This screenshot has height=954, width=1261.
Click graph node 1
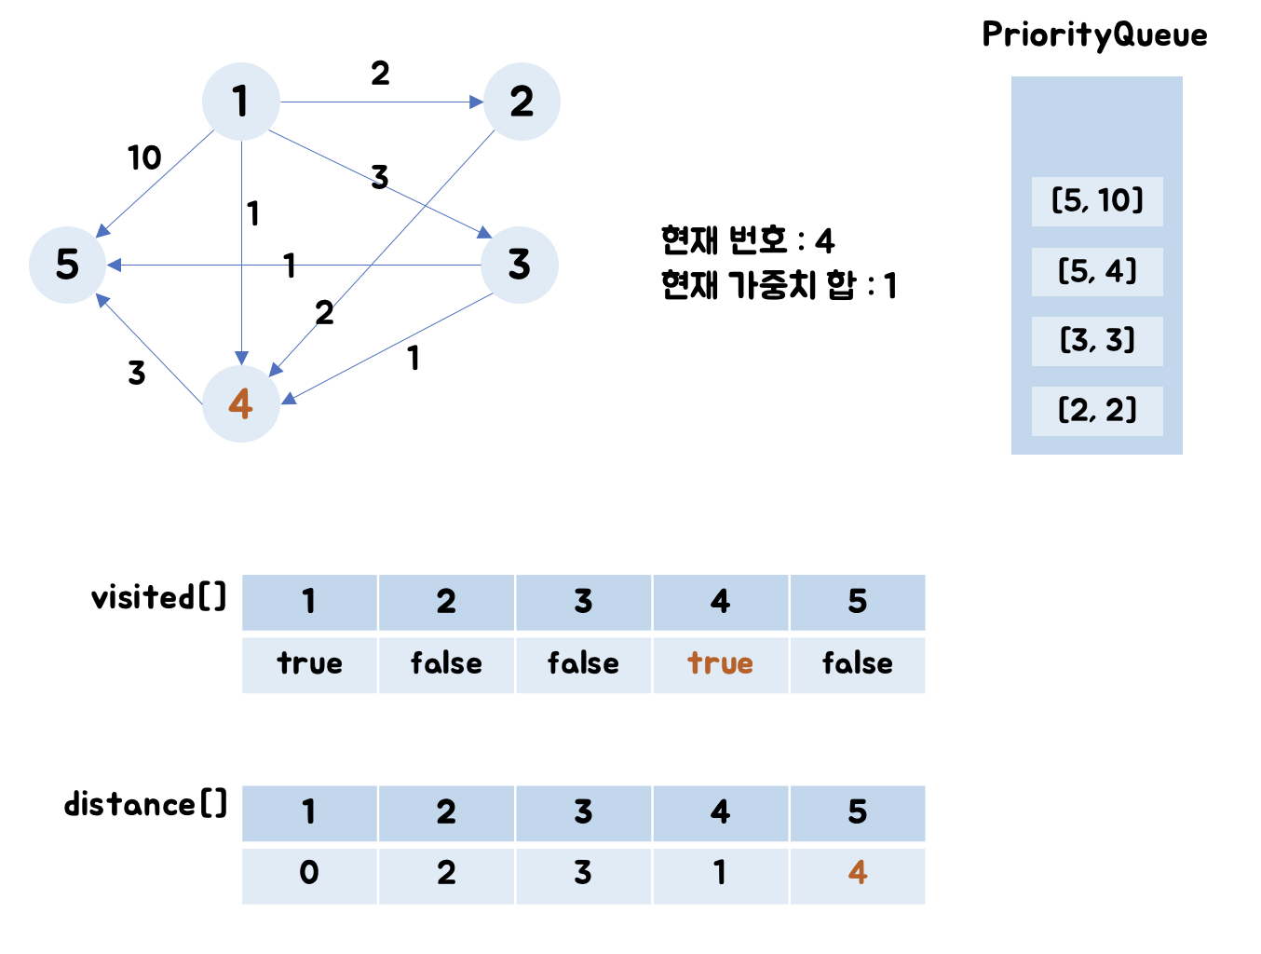[x=241, y=102]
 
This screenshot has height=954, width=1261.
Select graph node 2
[x=522, y=102]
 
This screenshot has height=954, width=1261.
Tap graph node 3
[x=520, y=265]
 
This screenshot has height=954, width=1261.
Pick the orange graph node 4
[x=241, y=403]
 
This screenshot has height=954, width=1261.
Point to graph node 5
[x=67, y=265]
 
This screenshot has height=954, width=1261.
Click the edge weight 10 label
[x=144, y=157]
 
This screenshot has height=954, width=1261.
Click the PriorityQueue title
[x=1094, y=35]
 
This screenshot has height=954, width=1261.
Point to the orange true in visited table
[x=720, y=663]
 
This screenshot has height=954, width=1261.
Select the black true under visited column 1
[x=309, y=663]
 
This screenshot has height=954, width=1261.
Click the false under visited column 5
[x=857, y=663]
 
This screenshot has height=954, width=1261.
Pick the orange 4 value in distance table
[x=857, y=873]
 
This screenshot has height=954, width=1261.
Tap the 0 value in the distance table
[x=309, y=873]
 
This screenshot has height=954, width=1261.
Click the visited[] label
[x=159, y=597]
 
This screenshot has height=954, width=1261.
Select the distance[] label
[x=145, y=804]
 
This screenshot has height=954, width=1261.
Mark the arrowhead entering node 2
[x=477, y=102]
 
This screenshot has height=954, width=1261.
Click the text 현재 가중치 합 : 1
[x=779, y=285]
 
